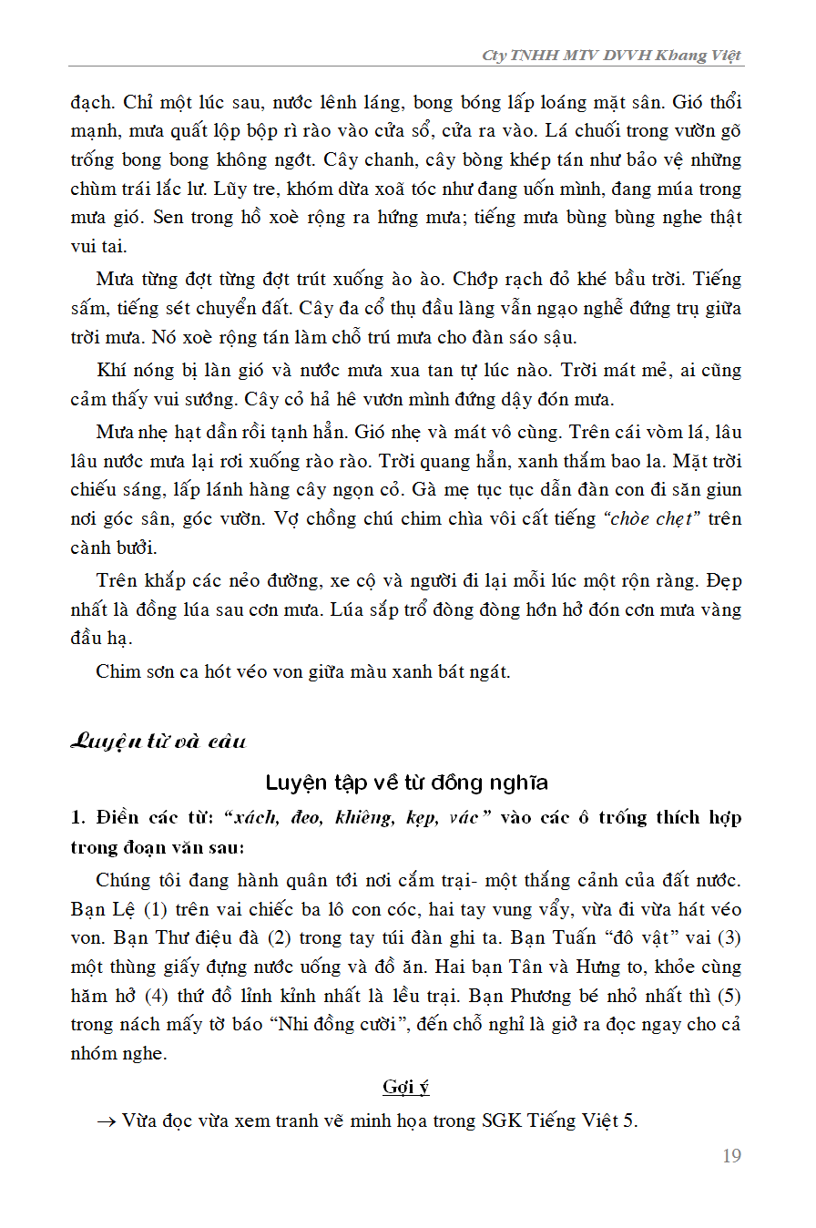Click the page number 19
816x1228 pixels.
[x=731, y=1156]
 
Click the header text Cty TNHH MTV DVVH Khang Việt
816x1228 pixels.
[x=612, y=56]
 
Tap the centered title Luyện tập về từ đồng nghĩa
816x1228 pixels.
[x=406, y=783]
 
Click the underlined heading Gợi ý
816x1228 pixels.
[x=405, y=1087]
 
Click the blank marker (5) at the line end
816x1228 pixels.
[x=728, y=995]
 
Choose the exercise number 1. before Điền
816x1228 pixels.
[x=77, y=817]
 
